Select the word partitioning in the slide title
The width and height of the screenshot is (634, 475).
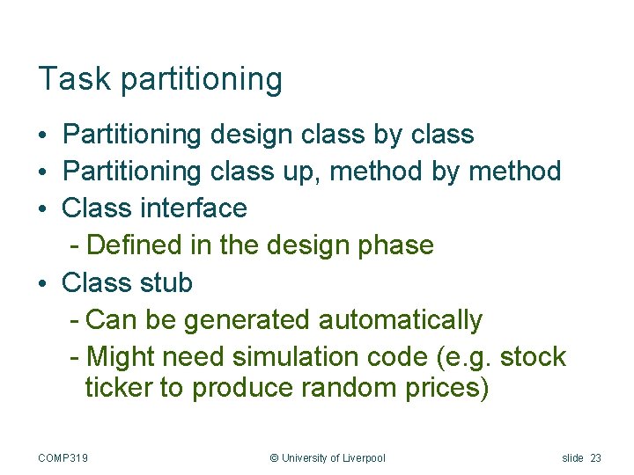tap(202, 80)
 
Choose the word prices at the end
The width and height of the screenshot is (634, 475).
tap(445, 388)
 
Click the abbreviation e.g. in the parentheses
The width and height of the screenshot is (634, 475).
tap(474, 358)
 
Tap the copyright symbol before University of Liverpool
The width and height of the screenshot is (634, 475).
tap(274, 457)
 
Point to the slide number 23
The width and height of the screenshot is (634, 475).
tap(596, 457)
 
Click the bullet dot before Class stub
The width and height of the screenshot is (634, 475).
tap(42, 284)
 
